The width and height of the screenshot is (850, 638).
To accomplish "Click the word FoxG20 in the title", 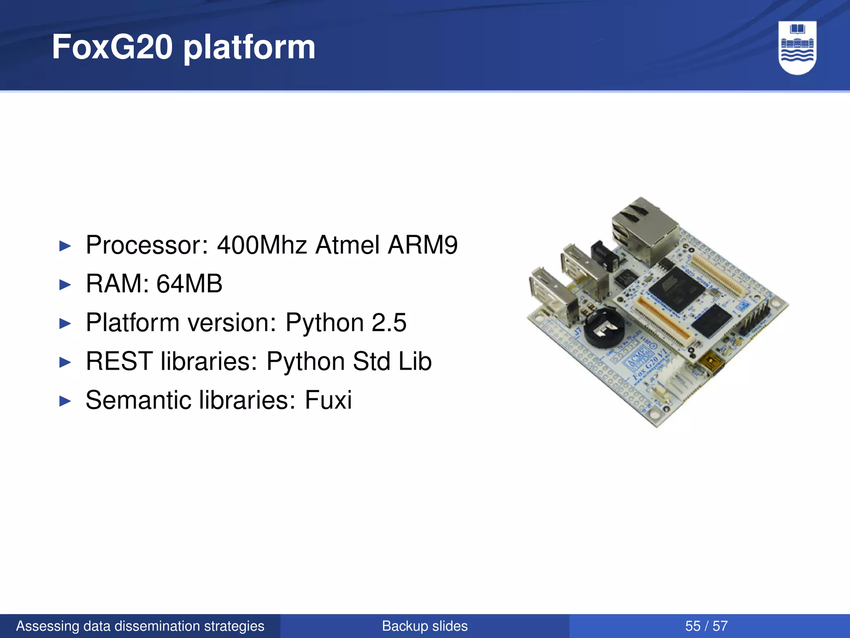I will pos(112,47).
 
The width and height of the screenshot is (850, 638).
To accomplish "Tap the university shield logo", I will pos(797,48).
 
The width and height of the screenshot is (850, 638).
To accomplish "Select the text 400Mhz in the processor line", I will pos(262,245).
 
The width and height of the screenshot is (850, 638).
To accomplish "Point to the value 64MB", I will pos(189,284).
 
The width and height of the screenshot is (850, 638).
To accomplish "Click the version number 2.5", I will pos(389,322).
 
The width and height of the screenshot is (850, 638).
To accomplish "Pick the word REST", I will pos(119,361).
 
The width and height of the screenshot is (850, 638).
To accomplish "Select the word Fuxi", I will pos(328,400).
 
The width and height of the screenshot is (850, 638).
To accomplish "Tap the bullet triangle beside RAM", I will pos(65,285).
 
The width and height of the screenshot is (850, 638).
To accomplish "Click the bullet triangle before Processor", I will pos(65,246).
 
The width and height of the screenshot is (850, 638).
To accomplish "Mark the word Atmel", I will pos(347,245).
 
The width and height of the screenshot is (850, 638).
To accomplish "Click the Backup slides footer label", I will pos(425,626).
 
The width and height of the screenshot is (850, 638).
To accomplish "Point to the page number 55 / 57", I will pos(706,626).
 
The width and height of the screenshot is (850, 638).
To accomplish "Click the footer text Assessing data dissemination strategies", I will pos(140,626).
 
